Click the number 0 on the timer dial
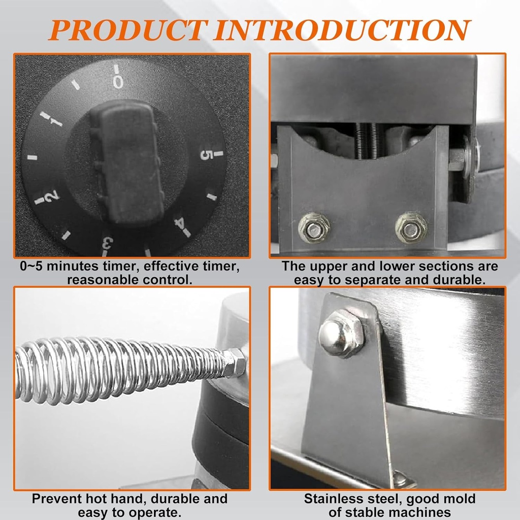pyautogui.click(x=118, y=82)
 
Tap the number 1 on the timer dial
pyautogui.click(x=55, y=122)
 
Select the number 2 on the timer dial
pyautogui.click(x=52, y=197)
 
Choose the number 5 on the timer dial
pyautogui.click(x=207, y=155)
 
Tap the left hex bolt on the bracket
pyautogui.click(x=313, y=228)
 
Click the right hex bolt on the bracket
pyautogui.click(x=411, y=227)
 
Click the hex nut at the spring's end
pyautogui.click(x=234, y=363)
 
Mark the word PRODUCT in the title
pyautogui.click(x=129, y=30)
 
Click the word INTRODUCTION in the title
pyautogui.click(x=342, y=30)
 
